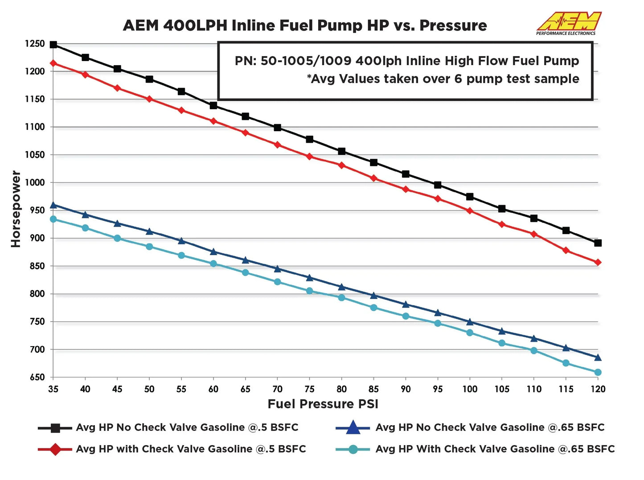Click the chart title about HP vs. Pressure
click(305, 25)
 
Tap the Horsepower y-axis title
click(16, 209)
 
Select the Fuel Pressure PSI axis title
click(323, 404)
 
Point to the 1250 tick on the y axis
click(35, 44)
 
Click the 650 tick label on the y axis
click(37, 377)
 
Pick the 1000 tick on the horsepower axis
click(35, 182)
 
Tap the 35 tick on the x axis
click(53, 389)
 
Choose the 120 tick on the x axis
click(598, 389)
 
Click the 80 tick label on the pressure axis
click(341, 389)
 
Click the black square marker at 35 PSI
click(53, 45)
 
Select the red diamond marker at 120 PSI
click(598, 262)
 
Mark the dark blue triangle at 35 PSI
click(53, 205)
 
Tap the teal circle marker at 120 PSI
click(598, 372)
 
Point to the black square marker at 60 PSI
click(213, 106)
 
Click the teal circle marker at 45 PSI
click(117, 238)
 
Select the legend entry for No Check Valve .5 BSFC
click(187, 427)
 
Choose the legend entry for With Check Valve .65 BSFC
click(495, 449)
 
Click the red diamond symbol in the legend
click(55, 449)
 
